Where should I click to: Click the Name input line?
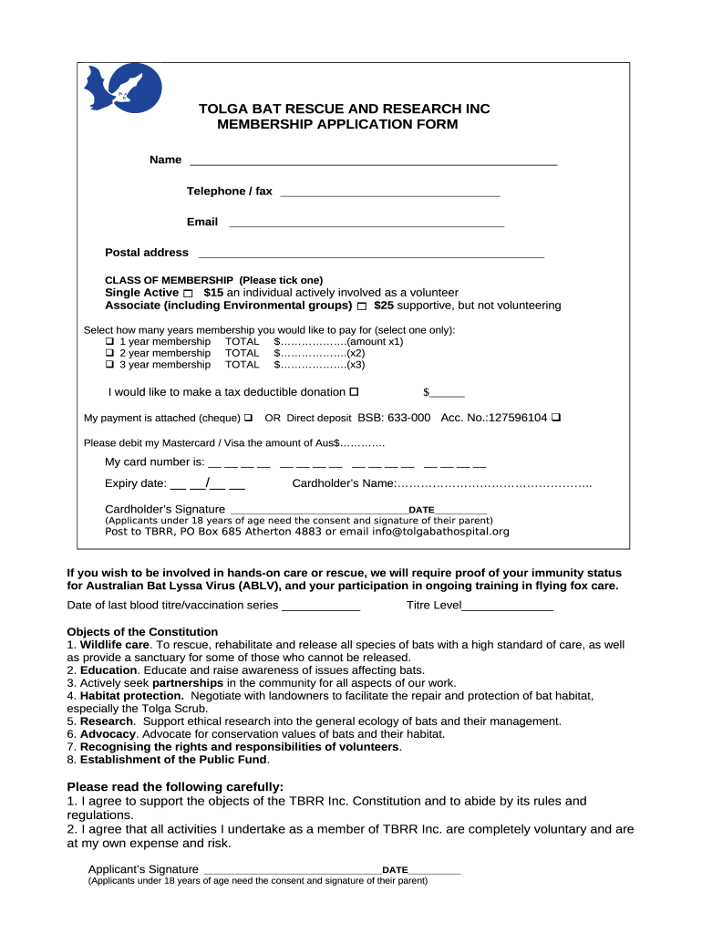(373, 162)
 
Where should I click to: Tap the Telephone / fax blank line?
(390, 193)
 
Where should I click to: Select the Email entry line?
(366, 223)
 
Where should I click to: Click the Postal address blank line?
(371, 254)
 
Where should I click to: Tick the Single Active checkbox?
(189, 293)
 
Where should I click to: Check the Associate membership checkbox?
(362, 306)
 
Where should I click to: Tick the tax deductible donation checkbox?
(355, 392)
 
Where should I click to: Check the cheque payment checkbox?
(248, 418)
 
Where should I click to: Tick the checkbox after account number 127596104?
(556, 418)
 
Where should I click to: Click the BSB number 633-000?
(410, 418)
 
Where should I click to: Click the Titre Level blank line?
(508, 607)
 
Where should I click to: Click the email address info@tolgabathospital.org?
(440, 532)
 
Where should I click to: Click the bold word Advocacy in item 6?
(108, 733)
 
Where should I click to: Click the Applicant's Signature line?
(290, 871)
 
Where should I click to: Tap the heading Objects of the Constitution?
(143, 631)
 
